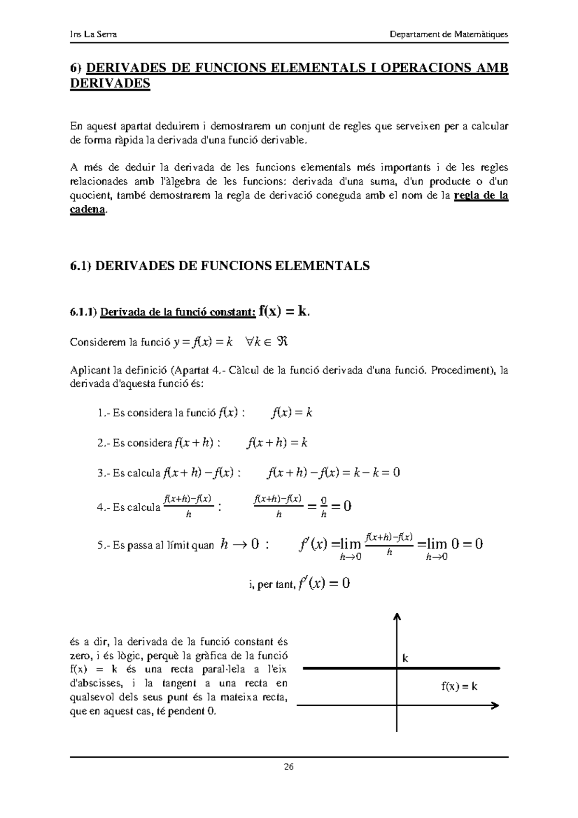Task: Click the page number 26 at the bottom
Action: click(x=289, y=767)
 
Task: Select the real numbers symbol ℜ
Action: click(x=283, y=342)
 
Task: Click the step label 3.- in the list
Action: click(x=104, y=473)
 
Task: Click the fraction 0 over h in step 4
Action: click(x=324, y=506)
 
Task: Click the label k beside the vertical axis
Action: click(x=405, y=658)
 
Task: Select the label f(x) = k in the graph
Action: click(x=459, y=686)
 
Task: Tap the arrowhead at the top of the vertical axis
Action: click(x=397, y=617)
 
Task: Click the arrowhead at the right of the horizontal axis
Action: click(x=495, y=706)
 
